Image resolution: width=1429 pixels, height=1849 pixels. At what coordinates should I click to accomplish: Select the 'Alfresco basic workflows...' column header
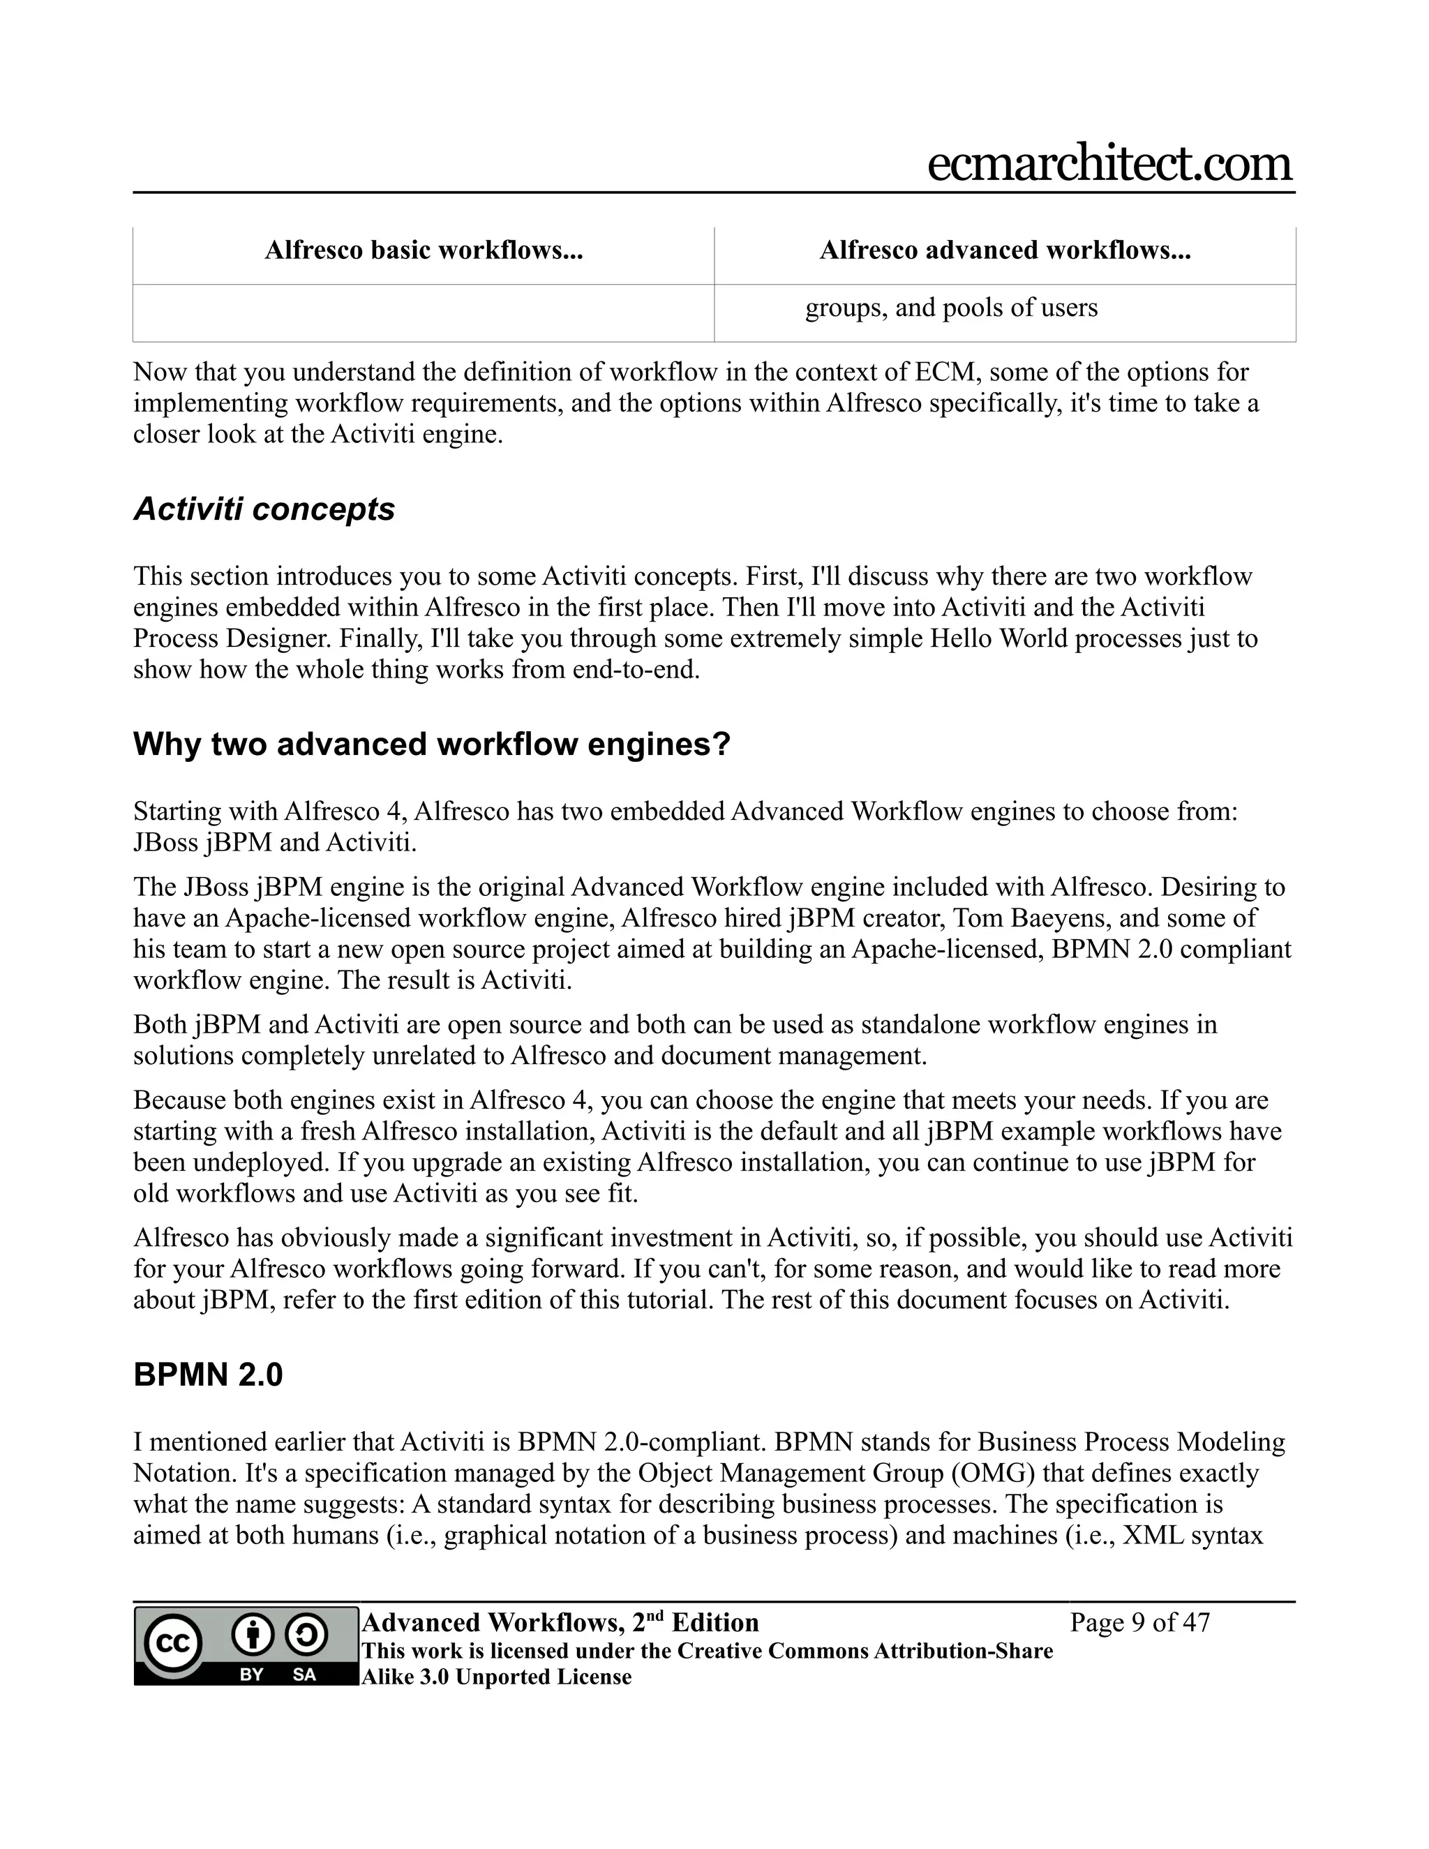click(424, 250)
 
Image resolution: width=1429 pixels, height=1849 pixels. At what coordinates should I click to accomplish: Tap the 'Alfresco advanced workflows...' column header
click(1005, 250)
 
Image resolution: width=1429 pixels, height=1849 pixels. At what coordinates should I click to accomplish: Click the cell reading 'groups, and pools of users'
click(951, 307)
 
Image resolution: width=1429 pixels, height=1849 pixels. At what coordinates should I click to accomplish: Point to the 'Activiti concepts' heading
click(264, 509)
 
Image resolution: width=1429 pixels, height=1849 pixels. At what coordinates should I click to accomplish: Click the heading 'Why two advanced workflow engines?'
click(432, 744)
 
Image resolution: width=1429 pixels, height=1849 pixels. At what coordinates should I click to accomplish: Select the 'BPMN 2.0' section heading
click(208, 1375)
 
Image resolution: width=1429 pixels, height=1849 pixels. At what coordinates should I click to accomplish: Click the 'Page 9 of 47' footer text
click(1139, 1623)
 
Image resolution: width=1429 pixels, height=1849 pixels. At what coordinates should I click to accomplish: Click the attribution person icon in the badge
click(253, 1635)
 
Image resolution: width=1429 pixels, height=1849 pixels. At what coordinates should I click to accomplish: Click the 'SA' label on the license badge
click(304, 1674)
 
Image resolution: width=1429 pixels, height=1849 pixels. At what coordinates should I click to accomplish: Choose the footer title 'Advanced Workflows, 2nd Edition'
click(560, 1623)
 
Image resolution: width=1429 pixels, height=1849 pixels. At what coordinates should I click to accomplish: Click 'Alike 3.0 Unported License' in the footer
click(496, 1677)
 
